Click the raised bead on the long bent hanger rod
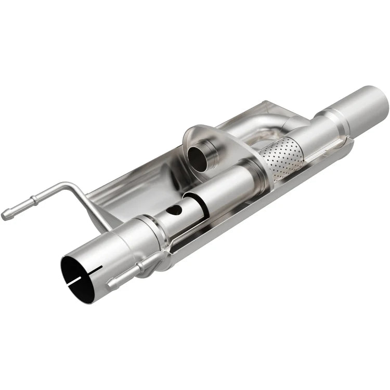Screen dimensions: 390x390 (33, 200)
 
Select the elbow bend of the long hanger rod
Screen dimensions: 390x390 (70, 186)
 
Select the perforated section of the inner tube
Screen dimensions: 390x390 (281, 156)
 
